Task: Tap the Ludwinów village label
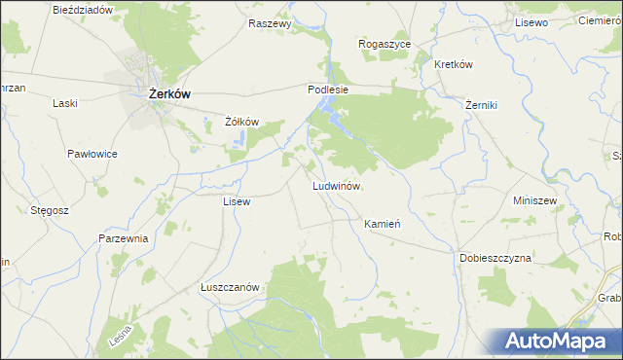coord(337,185)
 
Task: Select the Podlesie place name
coord(328,89)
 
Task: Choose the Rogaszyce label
coord(385,45)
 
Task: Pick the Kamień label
coord(383,224)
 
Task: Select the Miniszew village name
coord(533,200)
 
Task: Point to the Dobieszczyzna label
coord(495,259)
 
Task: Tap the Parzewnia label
coord(123,238)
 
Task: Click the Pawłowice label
coord(92,155)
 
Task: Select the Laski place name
coord(65,103)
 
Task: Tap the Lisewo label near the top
coord(532,21)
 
